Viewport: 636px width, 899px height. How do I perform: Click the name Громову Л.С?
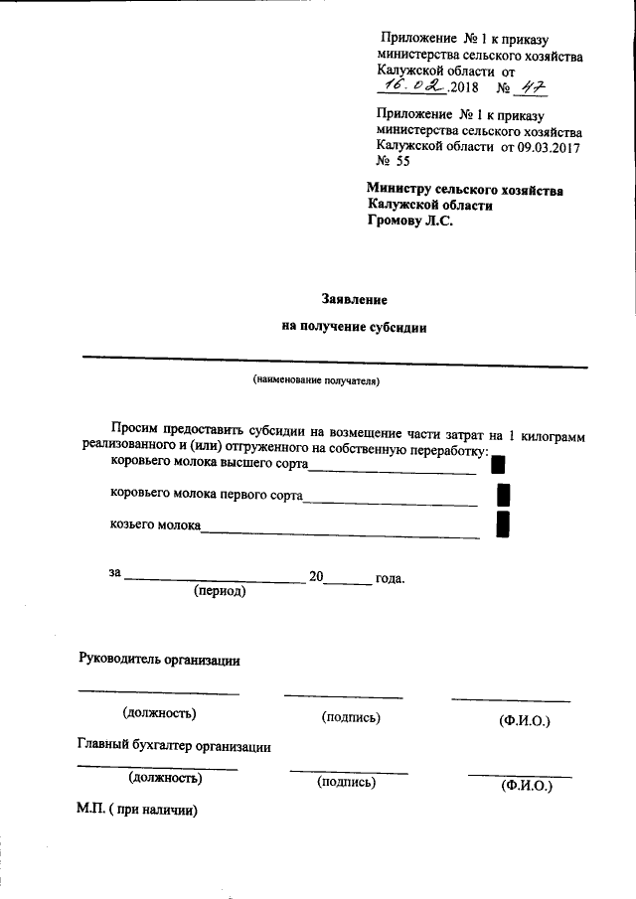409,222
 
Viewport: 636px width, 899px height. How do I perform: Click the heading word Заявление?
354,297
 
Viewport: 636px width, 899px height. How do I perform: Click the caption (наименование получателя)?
317,380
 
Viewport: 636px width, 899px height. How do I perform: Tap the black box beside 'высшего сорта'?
500,462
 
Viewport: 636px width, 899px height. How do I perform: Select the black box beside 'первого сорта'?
503,493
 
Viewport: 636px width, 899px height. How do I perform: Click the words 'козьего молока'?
155,524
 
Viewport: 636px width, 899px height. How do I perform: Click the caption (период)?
220,590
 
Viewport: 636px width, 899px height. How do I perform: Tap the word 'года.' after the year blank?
390,577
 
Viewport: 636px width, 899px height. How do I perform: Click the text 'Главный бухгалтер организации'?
174,746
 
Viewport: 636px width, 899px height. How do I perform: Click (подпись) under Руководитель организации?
351,717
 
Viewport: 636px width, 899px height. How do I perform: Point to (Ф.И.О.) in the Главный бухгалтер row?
527,786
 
